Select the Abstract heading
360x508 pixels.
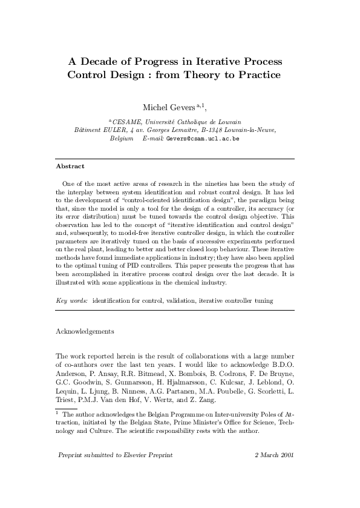click(x=70, y=166)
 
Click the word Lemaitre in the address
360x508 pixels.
click(x=186, y=130)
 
